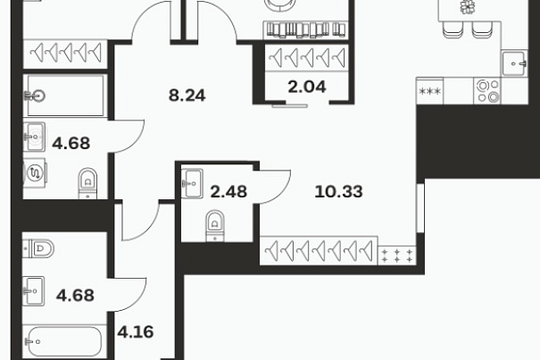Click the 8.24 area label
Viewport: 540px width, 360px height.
pyautogui.click(x=187, y=96)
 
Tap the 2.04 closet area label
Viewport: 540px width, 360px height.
pyautogui.click(x=307, y=87)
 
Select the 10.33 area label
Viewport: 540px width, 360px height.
pyautogui.click(x=338, y=192)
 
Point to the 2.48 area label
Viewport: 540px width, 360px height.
pyautogui.click(x=228, y=192)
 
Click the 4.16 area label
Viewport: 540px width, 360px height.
pyautogui.click(x=136, y=331)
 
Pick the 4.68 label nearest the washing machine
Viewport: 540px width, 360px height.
pyautogui.click(x=71, y=143)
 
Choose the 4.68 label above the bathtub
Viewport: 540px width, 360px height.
pyautogui.click(x=75, y=296)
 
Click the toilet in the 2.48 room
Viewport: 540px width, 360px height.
pyautogui.click(x=215, y=226)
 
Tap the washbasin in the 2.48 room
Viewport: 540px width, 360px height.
pyautogui.click(x=192, y=183)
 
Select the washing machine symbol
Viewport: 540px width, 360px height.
pyautogui.click(x=35, y=172)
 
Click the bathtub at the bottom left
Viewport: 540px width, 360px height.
pyautogui.click(x=64, y=341)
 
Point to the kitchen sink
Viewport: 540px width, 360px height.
pyautogui.click(x=514, y=63)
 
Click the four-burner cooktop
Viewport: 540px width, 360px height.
pyautogui.click(x=487, y=91)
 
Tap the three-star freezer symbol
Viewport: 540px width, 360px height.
pyautogui.click(x=430, y=91)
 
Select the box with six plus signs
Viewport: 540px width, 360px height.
pyautogui.click(x=396, y=255)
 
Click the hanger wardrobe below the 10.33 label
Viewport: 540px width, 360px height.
pyautogui.click(x=319, y=250)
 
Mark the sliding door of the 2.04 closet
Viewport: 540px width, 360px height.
pyautogui.click(x=289, y=106)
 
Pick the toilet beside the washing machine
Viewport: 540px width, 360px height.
pyautogui.click(x=87, y=183)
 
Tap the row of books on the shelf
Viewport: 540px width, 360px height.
pyautogui.click(x=306, y=29)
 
